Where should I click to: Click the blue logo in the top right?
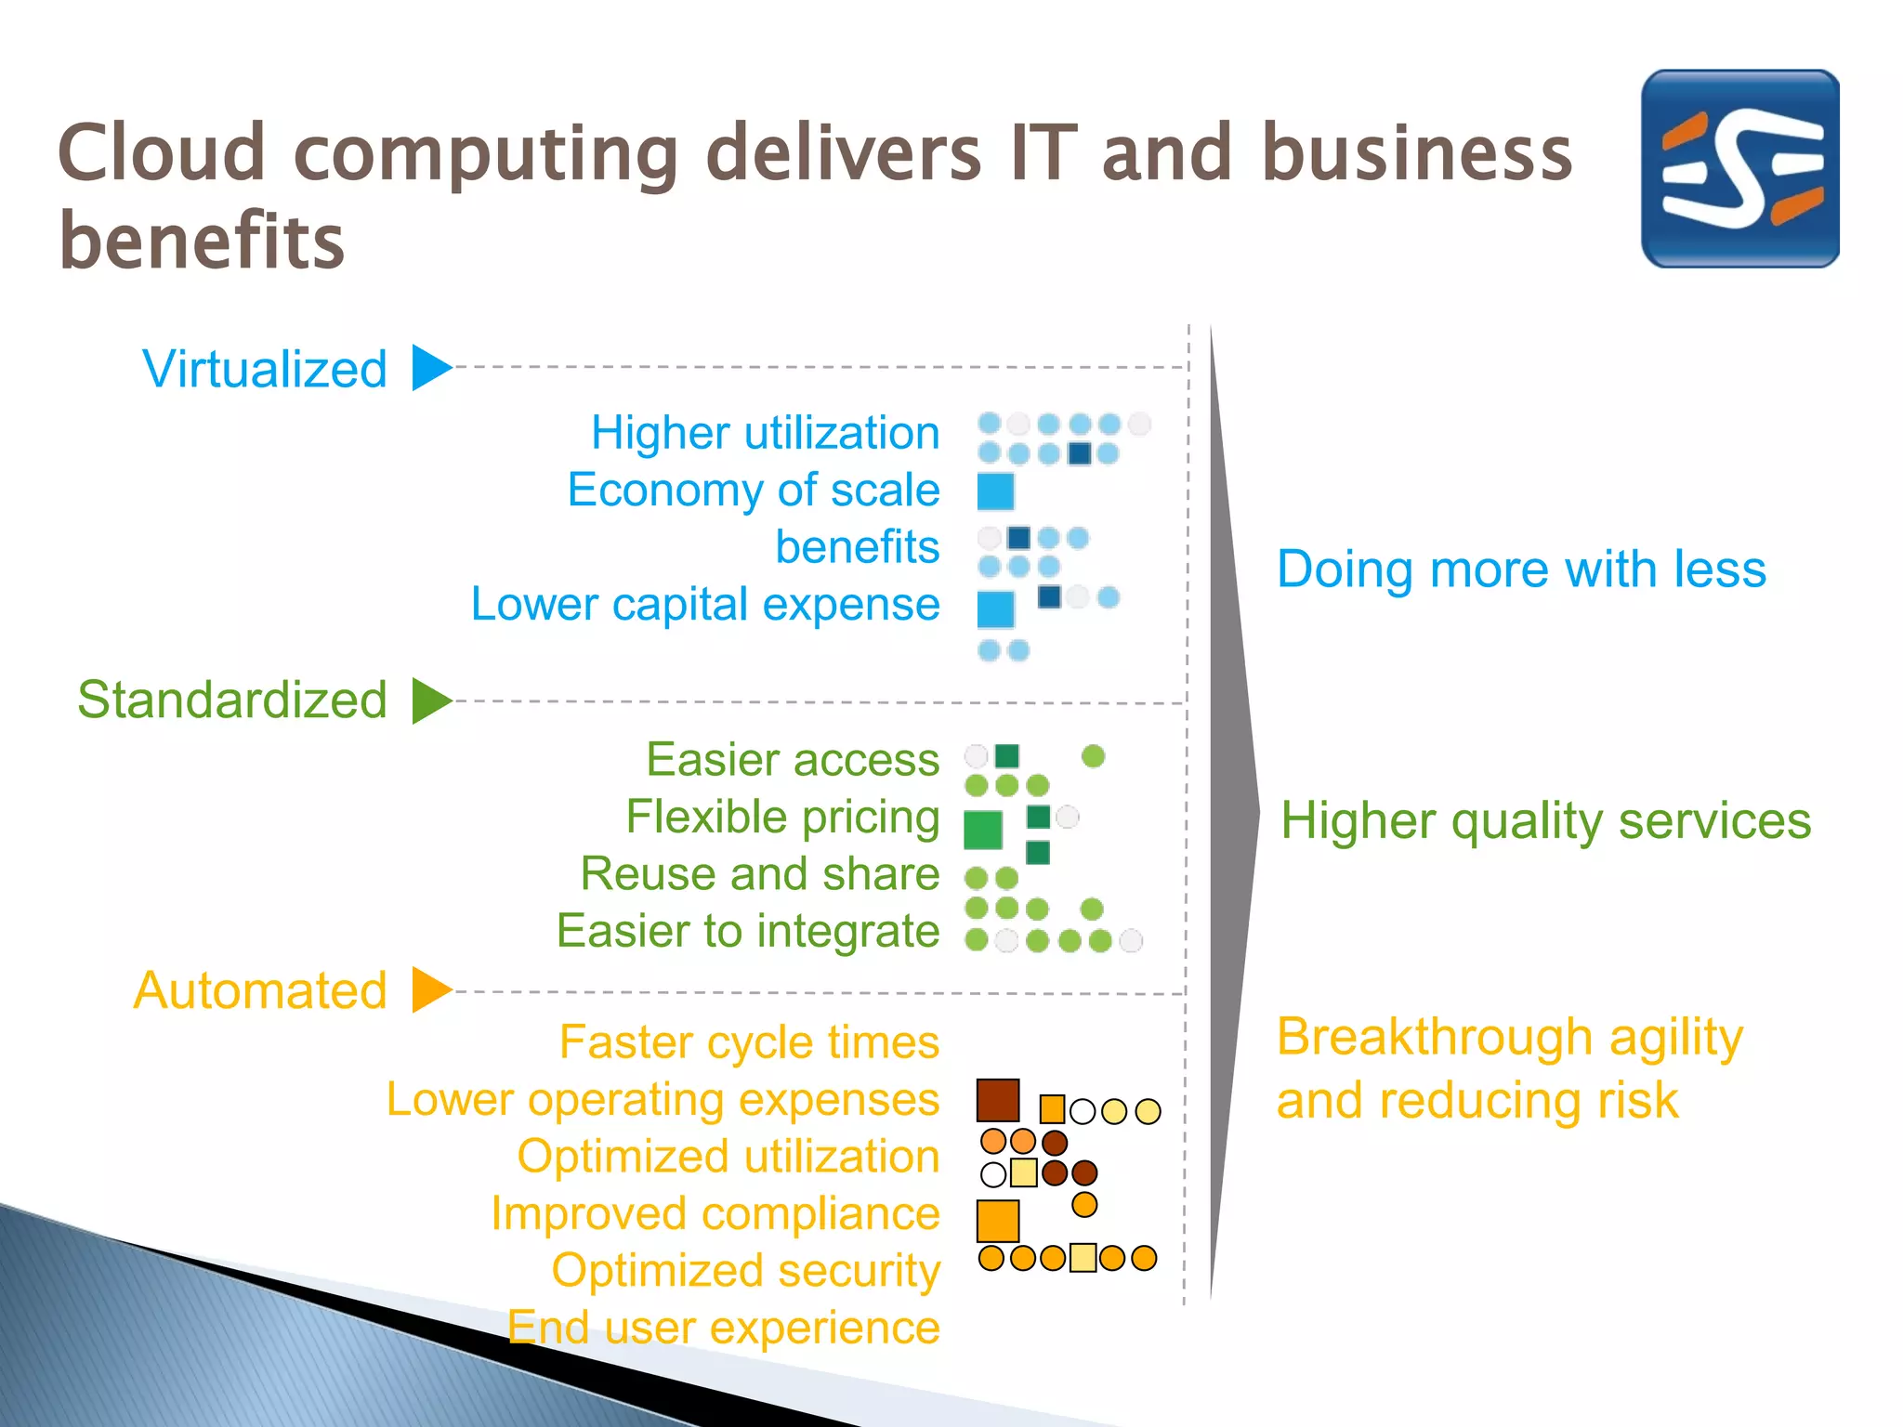click(1739, 168)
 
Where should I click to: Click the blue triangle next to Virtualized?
click(429, 368)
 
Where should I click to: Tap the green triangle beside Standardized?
click(429, 700)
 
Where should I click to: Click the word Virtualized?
click(265, 369)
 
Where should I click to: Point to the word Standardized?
click(232, 700)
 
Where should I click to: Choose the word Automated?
click(260, 990)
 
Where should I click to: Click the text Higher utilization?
click(766, 433)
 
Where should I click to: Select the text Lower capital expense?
click(705, 605)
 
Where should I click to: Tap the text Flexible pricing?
click(782, 818)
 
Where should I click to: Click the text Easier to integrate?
click(748, 931)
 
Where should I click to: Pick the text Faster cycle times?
click(749, 1042)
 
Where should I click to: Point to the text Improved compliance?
click(715, 1214)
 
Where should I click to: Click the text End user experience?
click(724, 1328)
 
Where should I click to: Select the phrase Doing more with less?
click(1521, 569)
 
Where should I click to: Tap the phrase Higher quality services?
click(1545, 821)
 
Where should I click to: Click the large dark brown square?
click(998, 1100)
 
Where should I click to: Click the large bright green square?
click(983, 830)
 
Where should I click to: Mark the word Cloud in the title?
click(163, 153)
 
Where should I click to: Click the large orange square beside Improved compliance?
click(998, 1221)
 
